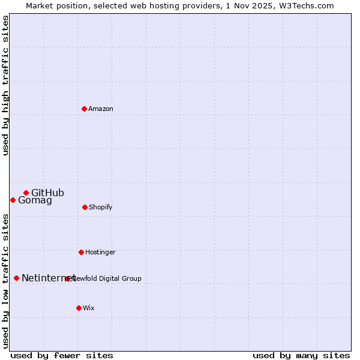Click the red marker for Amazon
point(84,109)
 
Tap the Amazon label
point(101,109)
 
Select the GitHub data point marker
point(26,193)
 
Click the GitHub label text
point(47,193)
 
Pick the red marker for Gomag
point(13,200)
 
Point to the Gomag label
point(35,200)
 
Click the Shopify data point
point(85,207)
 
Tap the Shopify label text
point(101,208)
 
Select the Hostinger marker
point(81,252)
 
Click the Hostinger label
point(100,253)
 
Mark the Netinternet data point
point(16,278)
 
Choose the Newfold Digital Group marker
point(67,278)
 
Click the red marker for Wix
point(79,308)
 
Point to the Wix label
point(89,308)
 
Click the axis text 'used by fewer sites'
point(62,356)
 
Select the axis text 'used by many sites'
point(301,356)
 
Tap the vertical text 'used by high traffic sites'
point(6,85)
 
